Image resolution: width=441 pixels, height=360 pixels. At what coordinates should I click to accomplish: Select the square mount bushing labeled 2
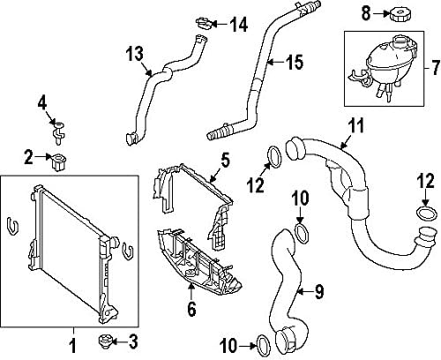61,160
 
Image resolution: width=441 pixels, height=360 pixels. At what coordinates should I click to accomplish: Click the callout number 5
225,160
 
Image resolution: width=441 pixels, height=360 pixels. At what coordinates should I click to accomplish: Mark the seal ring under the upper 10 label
302,234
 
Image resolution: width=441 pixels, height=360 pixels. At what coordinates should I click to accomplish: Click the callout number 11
354,124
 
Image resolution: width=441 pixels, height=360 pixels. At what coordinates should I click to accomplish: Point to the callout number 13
133,55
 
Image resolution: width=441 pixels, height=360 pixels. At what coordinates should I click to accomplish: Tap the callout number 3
134,341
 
